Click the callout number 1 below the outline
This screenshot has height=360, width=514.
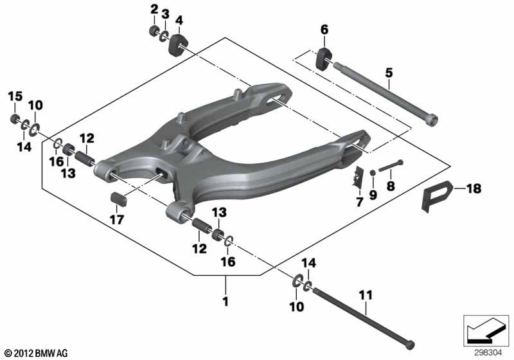226,301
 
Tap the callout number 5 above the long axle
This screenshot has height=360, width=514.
389,73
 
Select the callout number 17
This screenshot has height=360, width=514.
117,219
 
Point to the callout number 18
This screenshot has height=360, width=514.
474,188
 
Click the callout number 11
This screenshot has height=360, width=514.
366,295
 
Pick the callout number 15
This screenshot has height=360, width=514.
15,96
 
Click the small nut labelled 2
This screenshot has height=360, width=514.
153,30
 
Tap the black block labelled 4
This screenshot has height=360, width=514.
179,44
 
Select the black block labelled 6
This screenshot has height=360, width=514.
324,59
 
